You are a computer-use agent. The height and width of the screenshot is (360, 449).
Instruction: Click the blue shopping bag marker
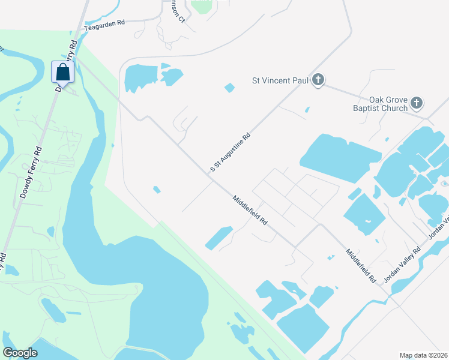click(62, 72)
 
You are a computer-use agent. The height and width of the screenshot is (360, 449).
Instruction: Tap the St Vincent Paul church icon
click(318, 80)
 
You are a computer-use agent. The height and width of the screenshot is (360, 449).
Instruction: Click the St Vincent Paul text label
click(280, 80)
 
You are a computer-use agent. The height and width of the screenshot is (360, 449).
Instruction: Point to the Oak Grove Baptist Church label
click(388, 104)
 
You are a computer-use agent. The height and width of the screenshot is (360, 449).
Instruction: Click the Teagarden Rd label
click(104, 23)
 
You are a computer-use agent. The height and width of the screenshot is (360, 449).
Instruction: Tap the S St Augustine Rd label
click(230, 154)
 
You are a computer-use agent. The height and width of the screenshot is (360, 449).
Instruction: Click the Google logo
click(20, 353)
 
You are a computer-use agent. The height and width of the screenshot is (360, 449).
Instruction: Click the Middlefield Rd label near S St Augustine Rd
click(250, 210)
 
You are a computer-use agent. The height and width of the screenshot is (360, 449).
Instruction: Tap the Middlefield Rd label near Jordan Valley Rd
click(361, 266)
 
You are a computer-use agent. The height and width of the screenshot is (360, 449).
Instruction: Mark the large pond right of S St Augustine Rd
click(339, 157)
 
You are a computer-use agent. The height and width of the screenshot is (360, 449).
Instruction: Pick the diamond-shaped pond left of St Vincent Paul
click(229, 88)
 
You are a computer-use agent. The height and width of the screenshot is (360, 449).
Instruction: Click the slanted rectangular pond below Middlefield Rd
click(219, 238)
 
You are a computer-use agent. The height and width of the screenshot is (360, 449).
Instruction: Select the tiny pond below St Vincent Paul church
click(307, 110)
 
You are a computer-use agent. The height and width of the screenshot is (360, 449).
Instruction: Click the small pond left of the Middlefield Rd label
click(156, 190)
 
